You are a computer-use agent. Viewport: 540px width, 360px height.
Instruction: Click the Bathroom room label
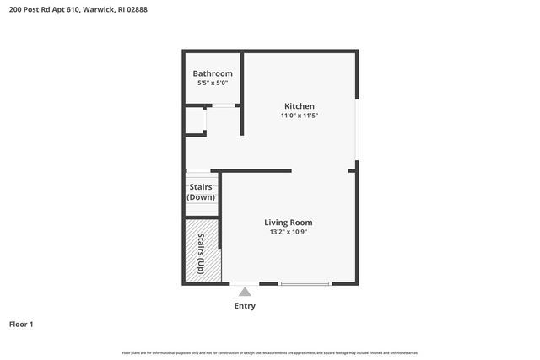tap(213, 73)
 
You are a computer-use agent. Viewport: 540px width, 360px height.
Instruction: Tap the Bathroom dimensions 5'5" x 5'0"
tap(213, 83)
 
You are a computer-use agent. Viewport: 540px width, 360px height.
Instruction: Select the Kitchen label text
tap(299, 105)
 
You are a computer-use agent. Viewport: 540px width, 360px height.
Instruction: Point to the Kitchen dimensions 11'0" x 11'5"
tap(299, 116)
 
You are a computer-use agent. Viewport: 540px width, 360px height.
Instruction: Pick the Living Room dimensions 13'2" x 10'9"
tap(288, 232)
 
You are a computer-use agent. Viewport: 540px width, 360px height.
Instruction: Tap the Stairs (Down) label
tap(201, 191)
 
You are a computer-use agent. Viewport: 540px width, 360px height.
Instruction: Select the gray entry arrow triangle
tap(245, 291)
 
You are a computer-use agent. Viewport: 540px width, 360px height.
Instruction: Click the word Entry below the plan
tap(245, 306)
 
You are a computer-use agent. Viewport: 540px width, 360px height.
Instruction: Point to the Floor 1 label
tap(21, 324)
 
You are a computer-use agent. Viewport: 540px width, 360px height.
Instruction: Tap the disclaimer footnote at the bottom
tap(270, 352)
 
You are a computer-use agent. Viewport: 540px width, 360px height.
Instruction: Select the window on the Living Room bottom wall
tap(305, 283)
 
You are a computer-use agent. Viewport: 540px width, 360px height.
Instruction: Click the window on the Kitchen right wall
tap(357, 130)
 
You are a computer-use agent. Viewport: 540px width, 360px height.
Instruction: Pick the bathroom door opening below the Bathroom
tap(223, 105)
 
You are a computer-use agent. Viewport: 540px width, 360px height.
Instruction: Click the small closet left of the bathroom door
tap(195, 121)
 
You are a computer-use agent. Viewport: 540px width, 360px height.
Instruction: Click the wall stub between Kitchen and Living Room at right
tap(353, 170)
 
